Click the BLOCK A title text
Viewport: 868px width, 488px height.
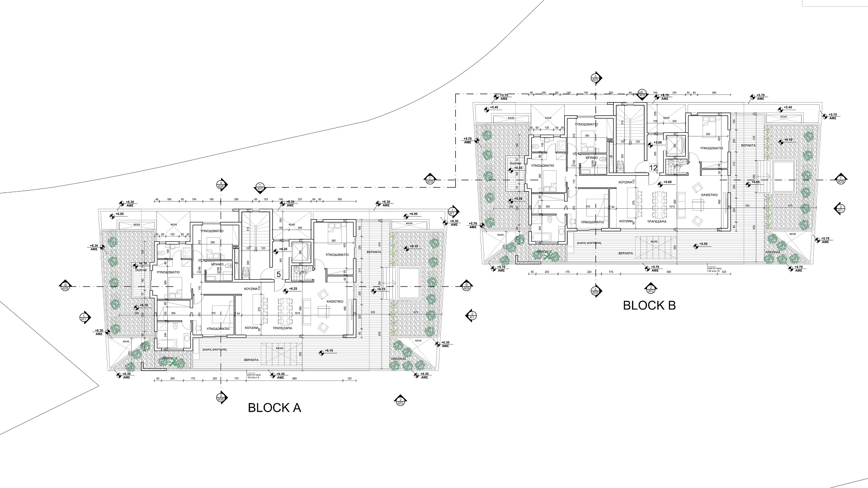point(274,408)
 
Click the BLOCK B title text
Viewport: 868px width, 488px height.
point(649,305)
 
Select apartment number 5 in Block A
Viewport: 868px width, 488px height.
point(278,274)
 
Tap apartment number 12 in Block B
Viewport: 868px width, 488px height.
point(653,167)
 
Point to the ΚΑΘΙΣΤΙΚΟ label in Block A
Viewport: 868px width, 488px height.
point(335,301)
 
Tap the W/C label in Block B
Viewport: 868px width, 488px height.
point(678,165)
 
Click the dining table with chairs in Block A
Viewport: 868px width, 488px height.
point(285,310)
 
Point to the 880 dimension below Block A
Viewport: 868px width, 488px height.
point(294,379)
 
